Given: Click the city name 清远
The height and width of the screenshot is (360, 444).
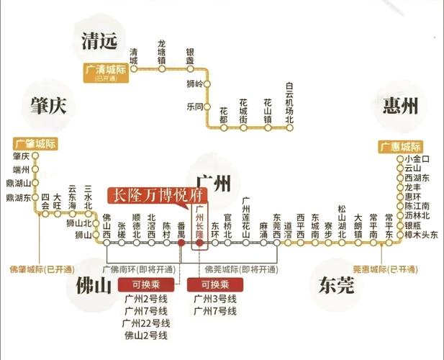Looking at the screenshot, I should click(x=94, y=41).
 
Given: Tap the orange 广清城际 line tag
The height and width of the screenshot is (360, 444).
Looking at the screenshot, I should click(x=105, y=69).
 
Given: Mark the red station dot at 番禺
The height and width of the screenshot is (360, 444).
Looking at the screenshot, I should click(x=181, y=243).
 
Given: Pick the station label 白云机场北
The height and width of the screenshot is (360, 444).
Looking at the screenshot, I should click(x=289, y=102).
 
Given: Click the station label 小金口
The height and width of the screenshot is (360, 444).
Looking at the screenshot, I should click(x=417, y=158).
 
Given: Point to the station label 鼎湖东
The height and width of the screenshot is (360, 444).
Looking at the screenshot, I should click(x=18, y=197).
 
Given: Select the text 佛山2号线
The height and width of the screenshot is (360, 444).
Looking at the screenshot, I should click(x=146, y=336).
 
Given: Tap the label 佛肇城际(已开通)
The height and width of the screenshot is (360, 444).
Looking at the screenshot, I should click(x=35, y=270).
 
